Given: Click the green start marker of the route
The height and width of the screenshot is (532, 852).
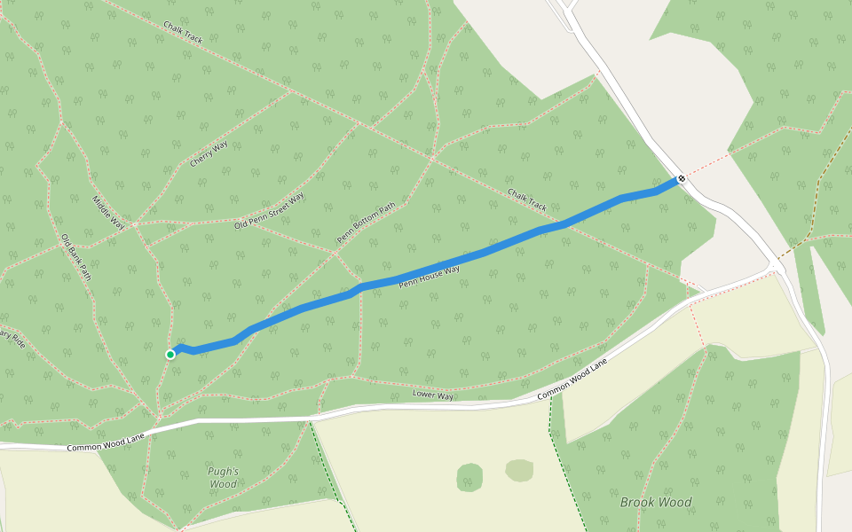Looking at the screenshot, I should pos(170,355).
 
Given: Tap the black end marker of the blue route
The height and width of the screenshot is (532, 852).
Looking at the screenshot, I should pos(682,179).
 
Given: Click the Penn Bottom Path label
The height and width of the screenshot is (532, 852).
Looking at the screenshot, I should pos(366,223).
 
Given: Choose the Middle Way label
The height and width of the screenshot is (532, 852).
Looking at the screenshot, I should pos(108,214).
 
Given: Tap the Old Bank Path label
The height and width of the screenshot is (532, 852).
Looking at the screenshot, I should pos(75,257).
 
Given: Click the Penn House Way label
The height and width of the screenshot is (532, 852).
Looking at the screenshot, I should pos(429,276).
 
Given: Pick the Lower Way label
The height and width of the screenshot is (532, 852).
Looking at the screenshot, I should pos(433,395).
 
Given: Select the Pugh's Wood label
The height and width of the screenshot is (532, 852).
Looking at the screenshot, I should pos(223,478).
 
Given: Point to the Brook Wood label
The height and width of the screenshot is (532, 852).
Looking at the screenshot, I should pos(656,502).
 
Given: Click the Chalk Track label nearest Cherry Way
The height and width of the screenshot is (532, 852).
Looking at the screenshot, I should pos(183,34).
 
